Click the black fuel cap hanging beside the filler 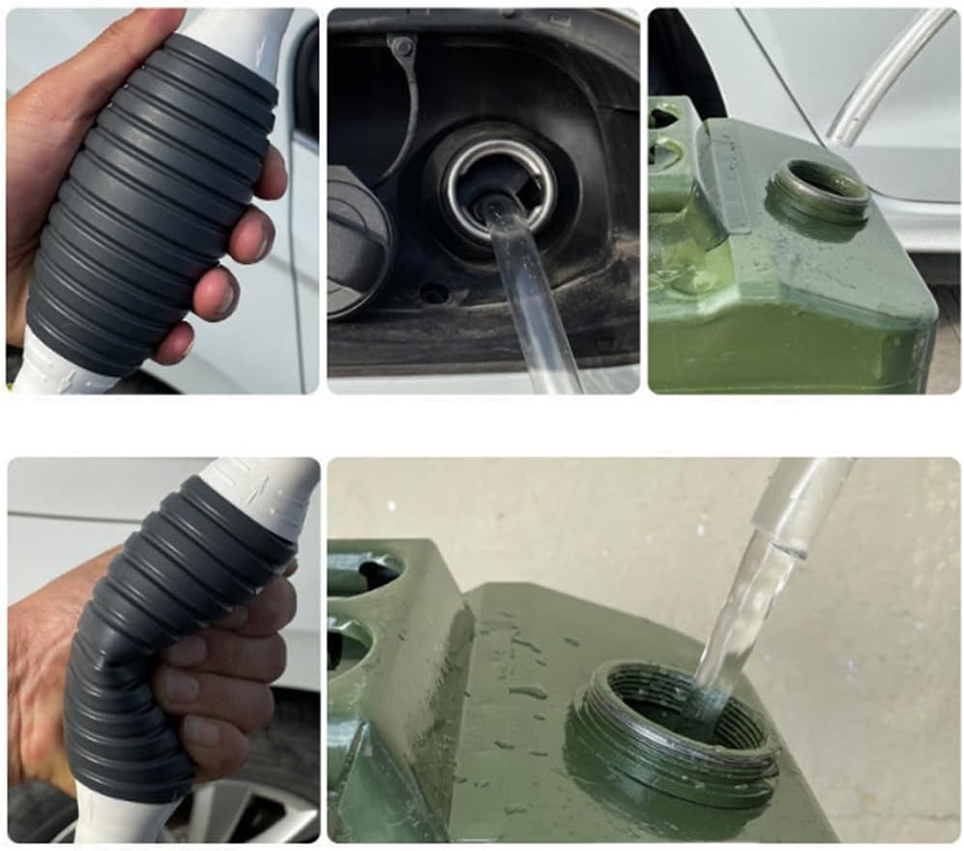[356, 242]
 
